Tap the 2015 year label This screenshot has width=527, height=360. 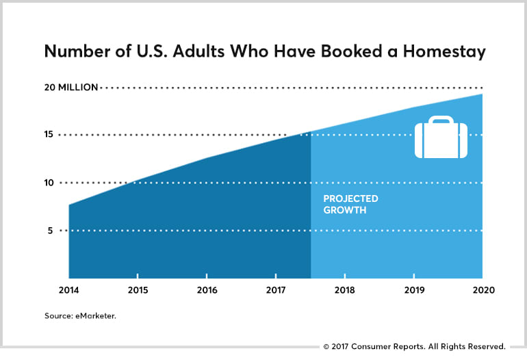[139, 290]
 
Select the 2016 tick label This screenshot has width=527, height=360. [207, 290]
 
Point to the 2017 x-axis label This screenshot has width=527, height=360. [276, 290]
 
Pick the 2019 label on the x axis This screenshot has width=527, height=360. [415, 290]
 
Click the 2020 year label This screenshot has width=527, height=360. [483, 290]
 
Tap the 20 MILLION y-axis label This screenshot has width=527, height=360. [71, 87]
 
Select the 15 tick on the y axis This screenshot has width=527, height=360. [49, 135]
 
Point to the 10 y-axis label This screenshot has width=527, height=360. [49, 183]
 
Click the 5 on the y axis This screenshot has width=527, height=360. [51, 231]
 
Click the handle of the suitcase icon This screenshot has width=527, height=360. [441, 120]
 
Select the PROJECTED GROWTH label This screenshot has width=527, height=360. [350, 205]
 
